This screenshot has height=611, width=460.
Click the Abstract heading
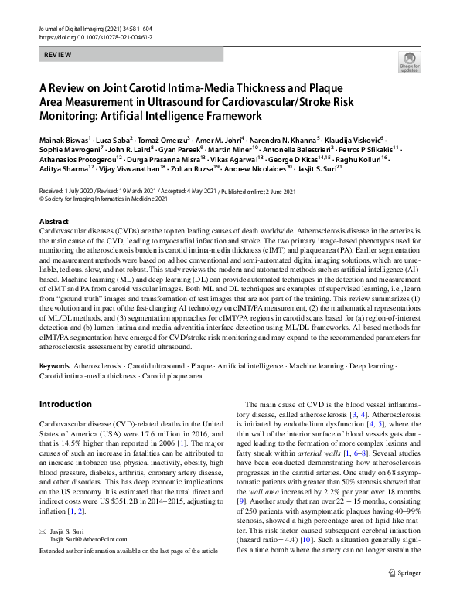pyautogui.click(x=53, y=221)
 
